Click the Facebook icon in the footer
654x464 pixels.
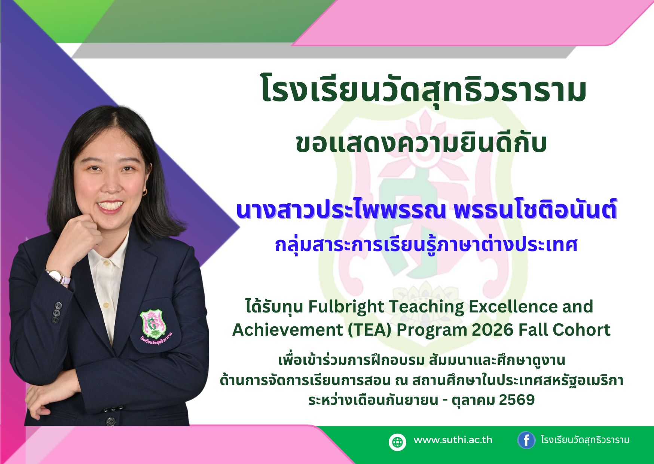526,440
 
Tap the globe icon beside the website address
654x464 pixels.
397,442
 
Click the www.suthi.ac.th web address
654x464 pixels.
453,440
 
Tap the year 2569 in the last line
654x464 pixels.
517,400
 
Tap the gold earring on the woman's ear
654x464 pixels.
145,192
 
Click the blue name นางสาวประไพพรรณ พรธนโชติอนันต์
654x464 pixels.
427,210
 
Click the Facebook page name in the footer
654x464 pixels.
585,440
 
